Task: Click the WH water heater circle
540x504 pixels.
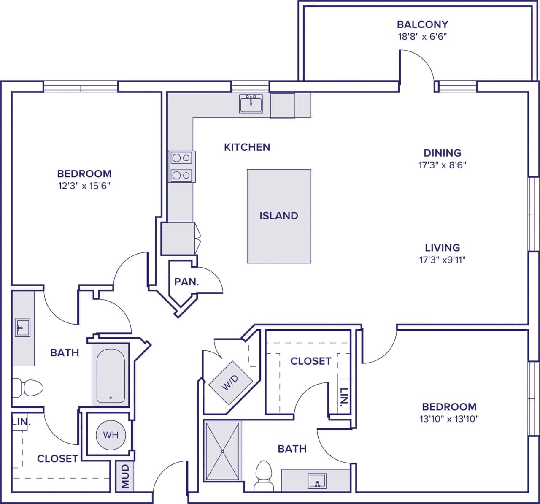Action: pos(111,435)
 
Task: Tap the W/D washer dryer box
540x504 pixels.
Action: pos(230,382)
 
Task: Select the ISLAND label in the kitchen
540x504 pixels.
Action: pos(279,216)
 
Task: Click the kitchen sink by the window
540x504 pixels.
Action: pos(251,103)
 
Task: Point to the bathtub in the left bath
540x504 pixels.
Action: pos(111,376)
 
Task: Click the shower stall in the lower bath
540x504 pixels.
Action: pos(222,451)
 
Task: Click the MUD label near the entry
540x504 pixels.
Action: pos(125,477)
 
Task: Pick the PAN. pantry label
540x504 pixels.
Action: pos(186,282)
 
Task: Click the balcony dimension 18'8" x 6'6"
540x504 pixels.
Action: pos(422,36)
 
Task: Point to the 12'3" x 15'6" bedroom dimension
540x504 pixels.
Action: pos(84,186)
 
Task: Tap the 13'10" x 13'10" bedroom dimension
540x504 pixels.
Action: pos(449,419)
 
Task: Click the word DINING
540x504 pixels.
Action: pos(442,153)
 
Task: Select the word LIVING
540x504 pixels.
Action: pos(442,248)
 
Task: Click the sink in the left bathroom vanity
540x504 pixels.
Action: pos(22,328)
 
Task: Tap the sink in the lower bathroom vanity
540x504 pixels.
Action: pos(317,481)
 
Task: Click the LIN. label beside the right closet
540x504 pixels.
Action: pos(344,399)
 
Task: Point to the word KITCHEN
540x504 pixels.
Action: pos(247,147)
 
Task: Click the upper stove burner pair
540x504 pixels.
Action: pos(182,158)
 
